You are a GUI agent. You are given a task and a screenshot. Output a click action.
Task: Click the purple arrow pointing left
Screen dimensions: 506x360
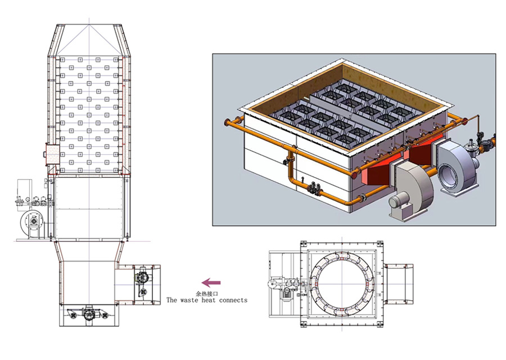tap(211, 282)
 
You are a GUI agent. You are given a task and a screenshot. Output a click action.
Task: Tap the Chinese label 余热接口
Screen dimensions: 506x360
tap(207, 294)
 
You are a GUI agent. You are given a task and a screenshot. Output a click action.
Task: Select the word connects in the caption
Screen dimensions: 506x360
tap(233, 300)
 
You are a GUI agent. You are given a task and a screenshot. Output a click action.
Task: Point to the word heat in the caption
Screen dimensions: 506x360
tap(209, 300)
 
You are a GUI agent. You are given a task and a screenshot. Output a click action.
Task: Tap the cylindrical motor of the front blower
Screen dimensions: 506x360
tap(398, 201)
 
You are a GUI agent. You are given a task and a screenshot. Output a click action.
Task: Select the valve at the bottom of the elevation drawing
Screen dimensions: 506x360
tap(88, 313)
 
